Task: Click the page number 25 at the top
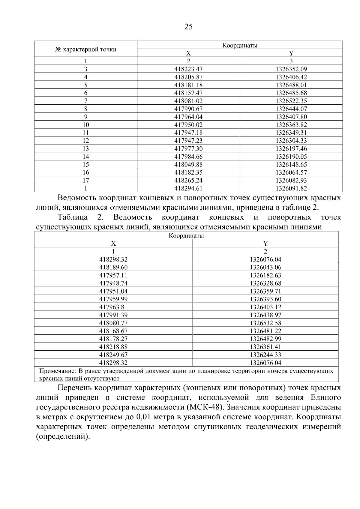pos(188,27)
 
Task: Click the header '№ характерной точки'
pos(86,49)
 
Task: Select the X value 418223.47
pos(188,69)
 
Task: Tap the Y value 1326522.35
pos(291,101)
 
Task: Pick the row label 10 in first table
pos(86,125)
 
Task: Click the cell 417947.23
pos(188,141)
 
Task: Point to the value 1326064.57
pos(291,172)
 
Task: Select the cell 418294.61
pos(188,188)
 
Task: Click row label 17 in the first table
pos(86,180)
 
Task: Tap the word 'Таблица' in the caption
pos(73,217)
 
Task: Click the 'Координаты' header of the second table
pos(186,236)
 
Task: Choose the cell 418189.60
pos(113,267)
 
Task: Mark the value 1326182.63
pos(265,275)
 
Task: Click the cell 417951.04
pos(113,291)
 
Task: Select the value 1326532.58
pos(265,323)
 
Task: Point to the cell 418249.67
pos(113,355)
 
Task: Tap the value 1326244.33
pos(265,355)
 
